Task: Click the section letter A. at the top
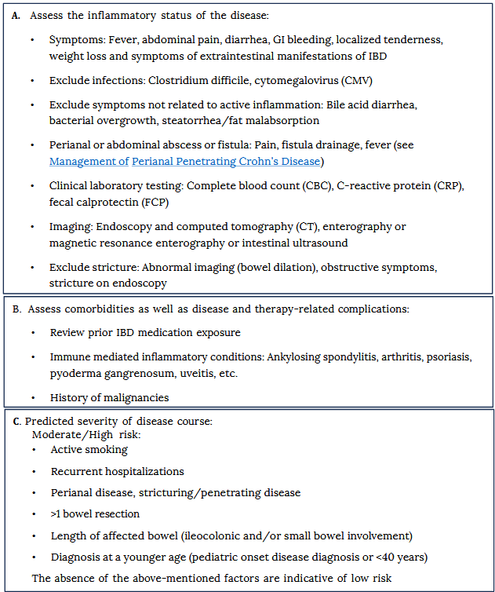pyautogui.click(x=18, y=16)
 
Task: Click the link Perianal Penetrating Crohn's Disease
pyautogui.click(x=226, y=162)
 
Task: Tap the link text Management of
pyautogui.click(x=89, y=162)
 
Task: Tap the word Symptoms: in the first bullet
pyautogui.click(x=76, y=40)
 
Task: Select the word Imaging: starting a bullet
pyautogui.click(x=71, y=227)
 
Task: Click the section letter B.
pyautogui.click(x=18, y=309)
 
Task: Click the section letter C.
pyautogui.click(x=18, y=422)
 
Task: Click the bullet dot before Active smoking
pyautogui.click(x=34, y=451)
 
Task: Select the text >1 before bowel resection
pyautogui.click(x=57, y=514)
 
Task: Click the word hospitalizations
pyautogui.click(x=145, y=472)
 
